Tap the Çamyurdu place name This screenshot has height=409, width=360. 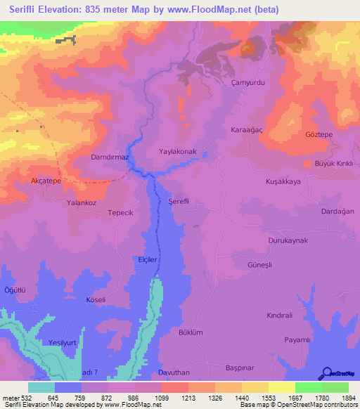point(246,82)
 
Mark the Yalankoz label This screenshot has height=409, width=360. point(81,202)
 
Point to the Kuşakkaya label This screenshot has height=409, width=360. point(283,181)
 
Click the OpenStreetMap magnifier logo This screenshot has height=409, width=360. point(326,373)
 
